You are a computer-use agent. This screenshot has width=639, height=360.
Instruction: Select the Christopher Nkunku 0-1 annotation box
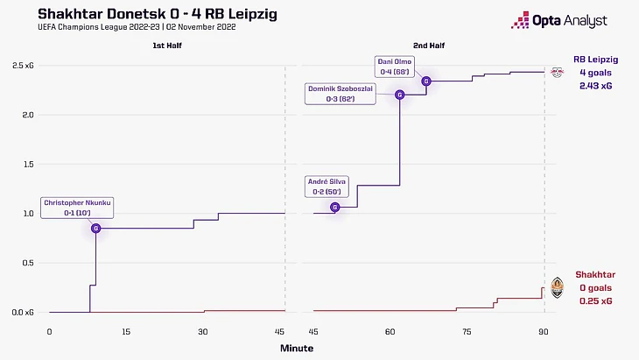[77, 207]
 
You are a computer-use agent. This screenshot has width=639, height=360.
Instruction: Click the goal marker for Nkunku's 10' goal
[95, 229]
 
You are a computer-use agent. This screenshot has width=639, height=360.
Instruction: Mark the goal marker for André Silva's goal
[335, 208]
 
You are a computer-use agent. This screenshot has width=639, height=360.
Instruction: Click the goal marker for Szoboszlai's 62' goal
[399, 95]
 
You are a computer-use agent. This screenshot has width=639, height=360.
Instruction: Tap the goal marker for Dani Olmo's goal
[426, 81]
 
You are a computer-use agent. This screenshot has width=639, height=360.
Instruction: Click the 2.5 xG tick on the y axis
[24, 67]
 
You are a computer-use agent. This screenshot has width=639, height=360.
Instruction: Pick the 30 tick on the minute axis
[202, 331]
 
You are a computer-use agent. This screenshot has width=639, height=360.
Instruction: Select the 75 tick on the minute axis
[467, 331]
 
